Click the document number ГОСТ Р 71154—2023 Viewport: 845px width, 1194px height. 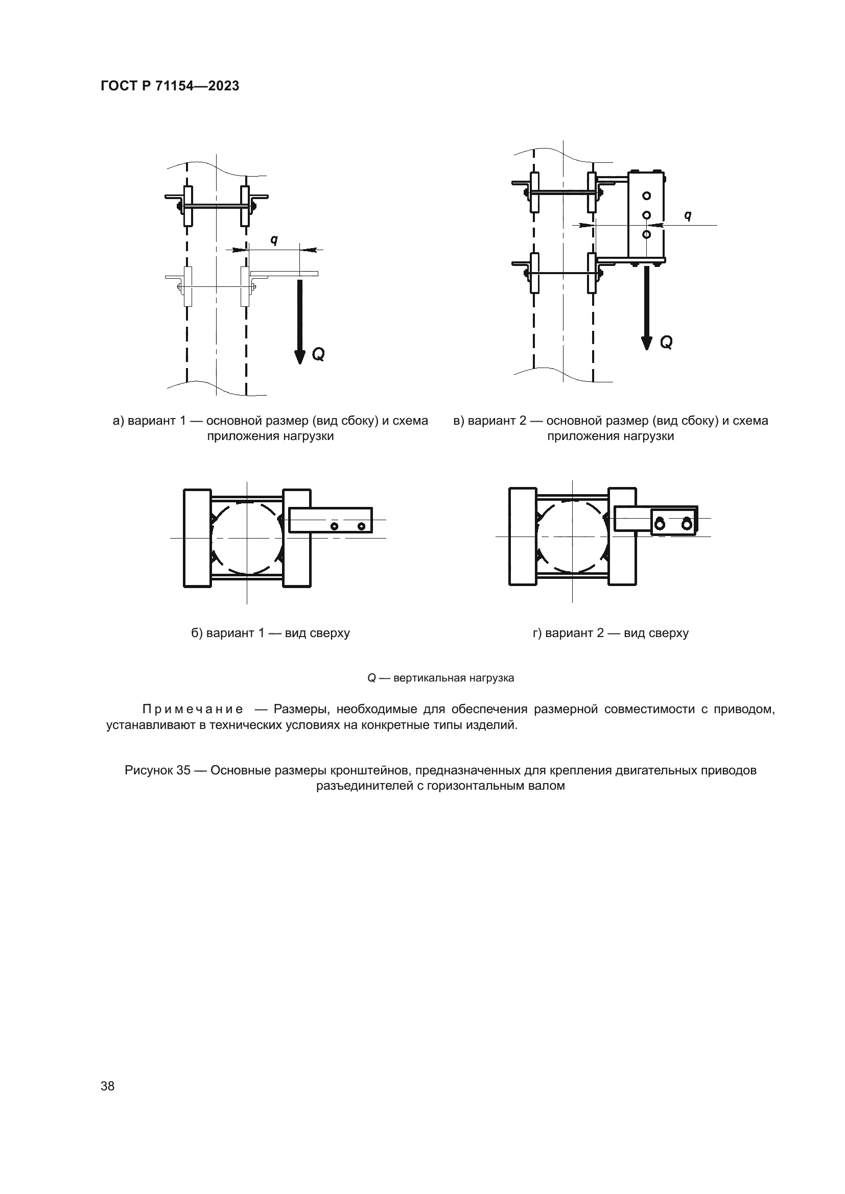(170, 86)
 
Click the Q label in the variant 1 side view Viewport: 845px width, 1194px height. (318, 355)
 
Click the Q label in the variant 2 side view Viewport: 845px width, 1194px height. (666, 342)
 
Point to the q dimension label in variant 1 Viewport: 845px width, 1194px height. (274, 240)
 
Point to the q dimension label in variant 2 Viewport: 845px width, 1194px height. (688, 215)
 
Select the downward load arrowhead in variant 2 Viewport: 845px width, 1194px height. (647, 343)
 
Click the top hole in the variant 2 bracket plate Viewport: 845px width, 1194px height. (647, 196)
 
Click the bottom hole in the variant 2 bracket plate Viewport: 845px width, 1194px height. (647, 234)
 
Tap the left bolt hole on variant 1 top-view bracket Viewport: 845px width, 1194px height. (335, 527)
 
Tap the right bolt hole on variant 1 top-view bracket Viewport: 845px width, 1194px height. (362, 527)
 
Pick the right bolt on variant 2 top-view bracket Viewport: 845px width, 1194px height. (687, 524)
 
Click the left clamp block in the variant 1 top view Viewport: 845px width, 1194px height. (198, 538)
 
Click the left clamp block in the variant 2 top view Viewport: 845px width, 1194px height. (523, 537)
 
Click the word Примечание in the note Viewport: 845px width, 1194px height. (193, 710)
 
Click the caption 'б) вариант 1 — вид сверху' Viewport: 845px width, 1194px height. (271, 633)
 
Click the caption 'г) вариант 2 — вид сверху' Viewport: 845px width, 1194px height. (611, 633)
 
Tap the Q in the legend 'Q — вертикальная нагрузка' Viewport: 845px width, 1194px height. (371, 678)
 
